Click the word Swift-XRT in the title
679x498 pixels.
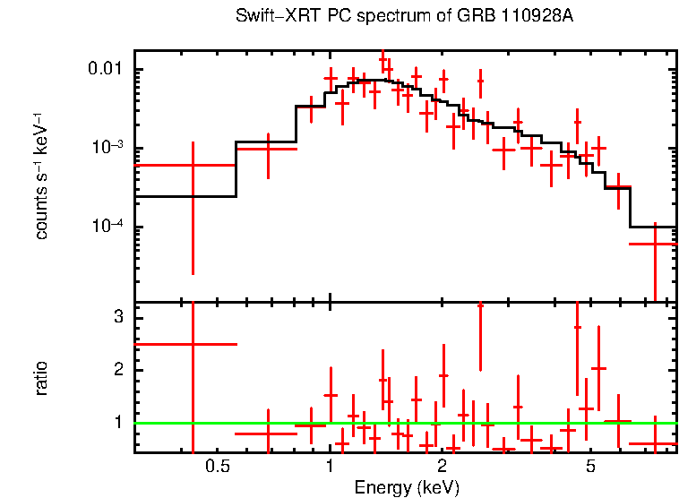[271, 17]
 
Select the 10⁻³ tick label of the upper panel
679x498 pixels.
[108, 149]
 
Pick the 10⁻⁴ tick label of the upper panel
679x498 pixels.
[108, 228]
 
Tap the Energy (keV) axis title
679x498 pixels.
[407, 487]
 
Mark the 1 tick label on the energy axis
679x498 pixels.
[330, 467]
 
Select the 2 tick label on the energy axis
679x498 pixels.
[443, 467]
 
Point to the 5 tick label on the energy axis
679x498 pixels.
[590, 467]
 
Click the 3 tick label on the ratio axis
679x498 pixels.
[118, 318]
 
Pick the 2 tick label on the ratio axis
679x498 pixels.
[118, 370]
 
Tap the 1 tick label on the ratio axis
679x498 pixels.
[118, 422]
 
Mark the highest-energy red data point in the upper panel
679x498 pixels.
[655, 244]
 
